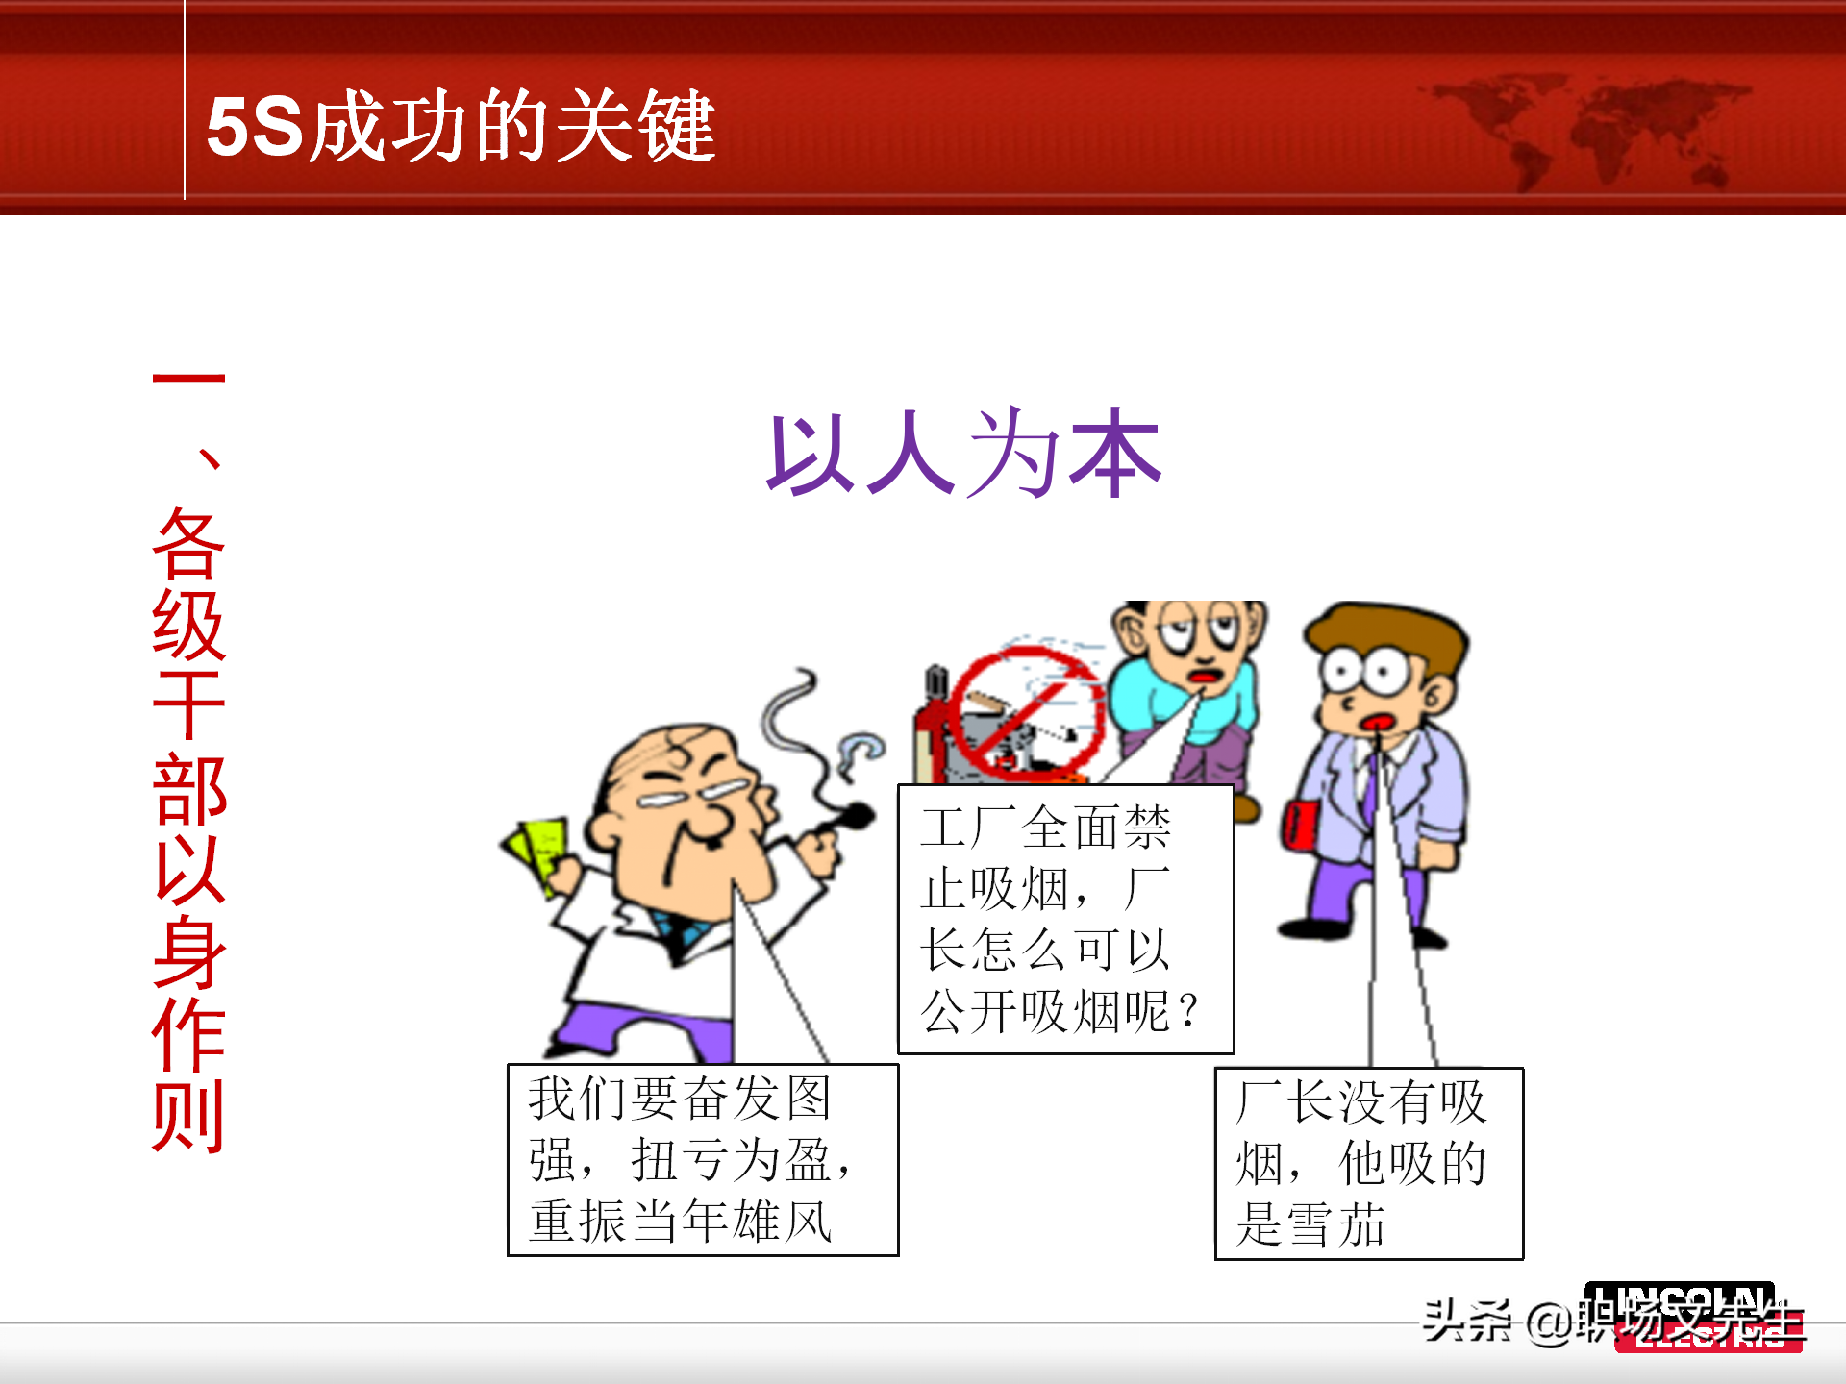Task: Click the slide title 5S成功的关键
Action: (x=461, y=126)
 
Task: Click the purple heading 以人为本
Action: (x=963, y=454)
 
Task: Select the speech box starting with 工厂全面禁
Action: (x=1065, y=919)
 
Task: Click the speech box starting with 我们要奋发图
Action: (x=702, y=1159)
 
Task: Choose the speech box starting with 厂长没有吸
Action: (x=1368, y=1163)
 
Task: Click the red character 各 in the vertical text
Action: (x=188, y=543)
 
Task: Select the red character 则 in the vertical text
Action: (x=188, y=1115)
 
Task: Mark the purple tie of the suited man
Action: (x=1369, y=788)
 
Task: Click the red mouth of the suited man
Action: (x=1377, y=723)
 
